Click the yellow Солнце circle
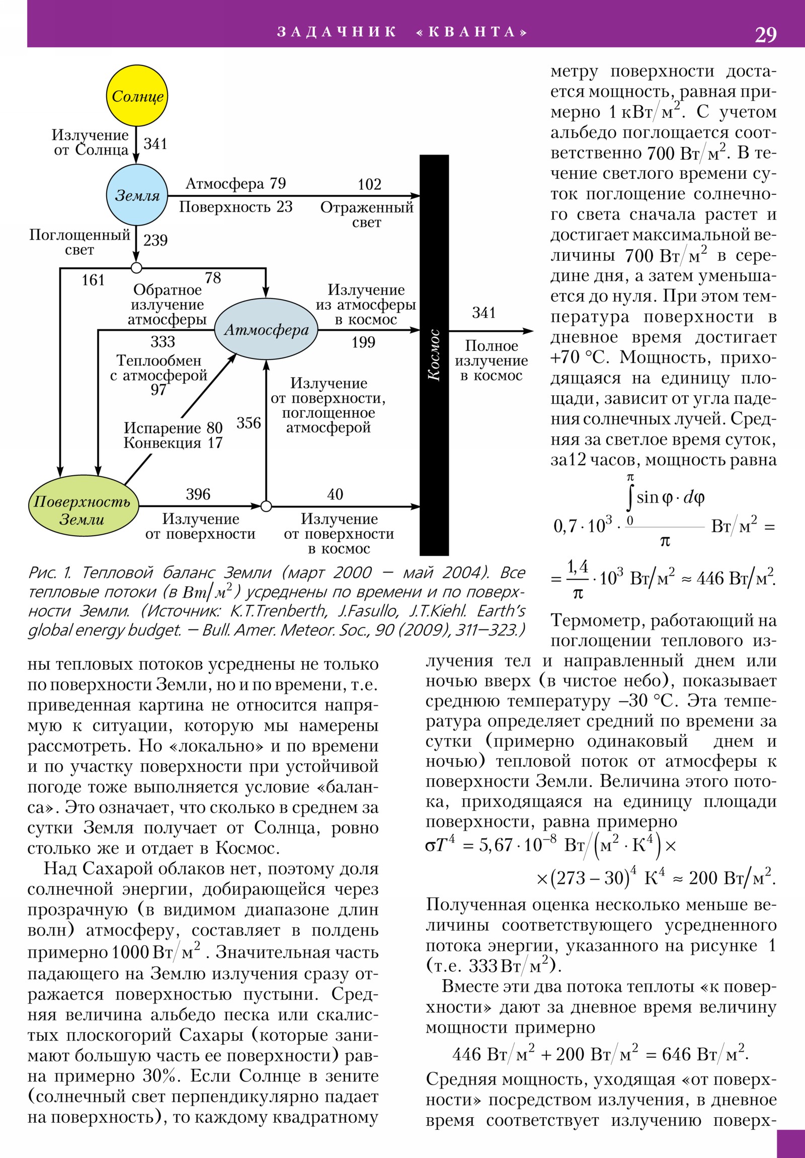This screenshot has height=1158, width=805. click(x=137, y=96)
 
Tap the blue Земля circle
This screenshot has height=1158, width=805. click(x=137, y=195)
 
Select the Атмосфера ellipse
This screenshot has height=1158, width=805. click(x=266, y=329)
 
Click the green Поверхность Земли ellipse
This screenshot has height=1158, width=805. click(x=83, y=506)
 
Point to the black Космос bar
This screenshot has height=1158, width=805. click(x=434, y=354)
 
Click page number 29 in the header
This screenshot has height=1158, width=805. click(x=765, y=34)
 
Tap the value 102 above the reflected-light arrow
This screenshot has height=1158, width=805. click(x=369, y=185)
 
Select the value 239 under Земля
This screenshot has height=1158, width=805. click(x=155, y=240)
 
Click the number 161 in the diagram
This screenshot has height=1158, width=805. click(x=93, y=280)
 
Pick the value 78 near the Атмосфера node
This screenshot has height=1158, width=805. click(x=213, y=278)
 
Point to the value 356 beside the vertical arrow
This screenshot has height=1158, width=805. click(x=249, y=423)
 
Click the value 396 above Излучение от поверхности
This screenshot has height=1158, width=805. click(x=198, y=494)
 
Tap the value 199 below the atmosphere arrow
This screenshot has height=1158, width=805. click(x=363, y=342)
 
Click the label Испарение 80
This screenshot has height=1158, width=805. click(x=173, y=427)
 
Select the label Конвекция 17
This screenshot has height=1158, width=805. click(x=173, y=443)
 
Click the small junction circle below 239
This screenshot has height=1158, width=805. click(x=136, y=268)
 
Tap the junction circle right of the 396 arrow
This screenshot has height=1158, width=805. click(x=266, y=506)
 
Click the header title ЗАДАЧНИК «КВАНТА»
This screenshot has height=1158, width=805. click(x=402, y=32)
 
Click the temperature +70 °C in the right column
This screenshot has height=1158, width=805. click(x=579, y=357)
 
